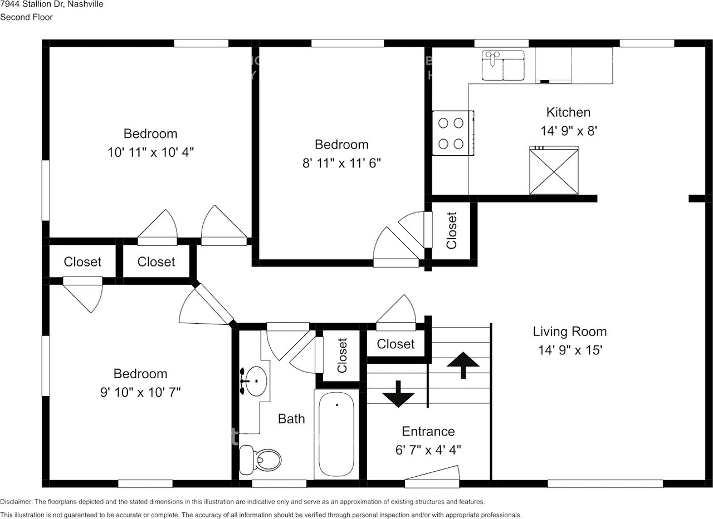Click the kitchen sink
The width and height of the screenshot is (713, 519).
(503, 66)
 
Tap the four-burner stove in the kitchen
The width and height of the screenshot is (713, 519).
(452, 133)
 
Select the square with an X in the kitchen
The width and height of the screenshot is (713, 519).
(553, 171)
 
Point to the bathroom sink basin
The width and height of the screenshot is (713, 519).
(256, 381)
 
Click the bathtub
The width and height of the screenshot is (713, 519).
(336, 433)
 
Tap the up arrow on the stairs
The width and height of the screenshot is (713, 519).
(463, 364)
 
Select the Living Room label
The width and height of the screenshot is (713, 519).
(569, 332)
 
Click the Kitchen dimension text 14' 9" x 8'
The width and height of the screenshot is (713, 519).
(568, 131)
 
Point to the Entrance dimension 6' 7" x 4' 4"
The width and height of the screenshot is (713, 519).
(428, 449)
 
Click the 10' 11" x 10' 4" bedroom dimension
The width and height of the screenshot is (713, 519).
(150, 152)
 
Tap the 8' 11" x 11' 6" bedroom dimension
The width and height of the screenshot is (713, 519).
(341, 162)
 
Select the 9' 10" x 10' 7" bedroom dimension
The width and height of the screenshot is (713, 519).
(140, 392)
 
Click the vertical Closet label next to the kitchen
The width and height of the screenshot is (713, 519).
(452, 230)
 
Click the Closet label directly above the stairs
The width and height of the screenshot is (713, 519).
(395, 344)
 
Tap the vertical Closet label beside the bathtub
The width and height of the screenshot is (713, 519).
(342, 356)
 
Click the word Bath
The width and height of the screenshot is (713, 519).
(291, 419)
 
